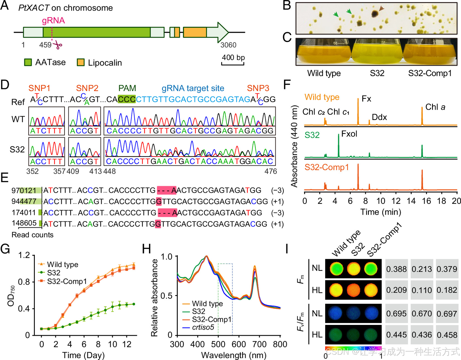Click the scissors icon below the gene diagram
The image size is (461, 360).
pos(58,45)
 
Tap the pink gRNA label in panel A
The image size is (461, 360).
pos(53,21)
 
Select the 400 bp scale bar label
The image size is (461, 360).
pos(233,57)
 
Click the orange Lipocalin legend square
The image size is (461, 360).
pos(80,62)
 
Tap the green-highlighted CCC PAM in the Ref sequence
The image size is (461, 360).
pos(127,99)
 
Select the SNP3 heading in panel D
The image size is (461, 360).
pos(258,88)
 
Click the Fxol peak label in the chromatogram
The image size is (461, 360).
pos(349,134)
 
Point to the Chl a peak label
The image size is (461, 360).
pos(435,107)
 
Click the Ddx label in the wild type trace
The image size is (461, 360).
pos(379,117)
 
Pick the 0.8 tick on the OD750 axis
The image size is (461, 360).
pos(24,282)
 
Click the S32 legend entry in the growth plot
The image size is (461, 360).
pos(53,273)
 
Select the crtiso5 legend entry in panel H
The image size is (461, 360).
pos(203,327)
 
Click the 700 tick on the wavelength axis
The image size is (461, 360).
pos(259,344)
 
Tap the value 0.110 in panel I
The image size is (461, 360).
pos(422,290)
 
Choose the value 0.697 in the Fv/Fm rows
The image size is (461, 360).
pos(447,314)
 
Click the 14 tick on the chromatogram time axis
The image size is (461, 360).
pos(411,201)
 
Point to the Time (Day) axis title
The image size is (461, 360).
pos(83,355)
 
